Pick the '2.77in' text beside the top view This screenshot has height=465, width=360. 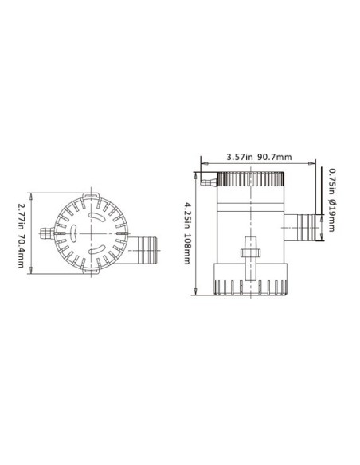21,214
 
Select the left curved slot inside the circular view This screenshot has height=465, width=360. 72,232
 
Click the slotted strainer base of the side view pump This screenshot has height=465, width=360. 249,285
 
